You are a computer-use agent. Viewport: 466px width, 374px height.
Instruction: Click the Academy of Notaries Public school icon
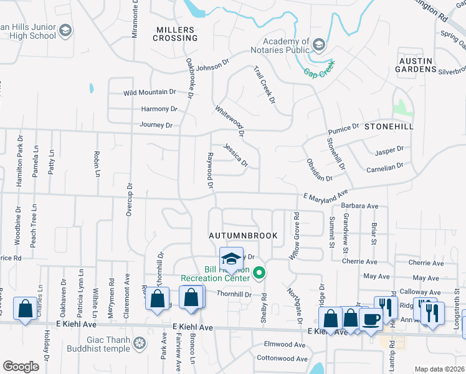[319, 45]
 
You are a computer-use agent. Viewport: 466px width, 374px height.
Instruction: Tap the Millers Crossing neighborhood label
[176, 34]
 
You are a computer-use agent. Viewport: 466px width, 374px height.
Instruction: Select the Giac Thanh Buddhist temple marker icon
[141, 343]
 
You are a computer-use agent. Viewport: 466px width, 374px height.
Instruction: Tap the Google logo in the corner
[21, 367]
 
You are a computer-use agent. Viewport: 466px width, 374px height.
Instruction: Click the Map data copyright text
[440, 369]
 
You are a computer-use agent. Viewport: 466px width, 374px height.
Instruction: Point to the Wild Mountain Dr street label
[150, 92]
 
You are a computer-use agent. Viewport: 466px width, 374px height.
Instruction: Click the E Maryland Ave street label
[325, 196]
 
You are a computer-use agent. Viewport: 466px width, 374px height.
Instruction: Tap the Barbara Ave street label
[359, 206]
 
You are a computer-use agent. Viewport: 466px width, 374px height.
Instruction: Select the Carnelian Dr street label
[384, 166]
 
